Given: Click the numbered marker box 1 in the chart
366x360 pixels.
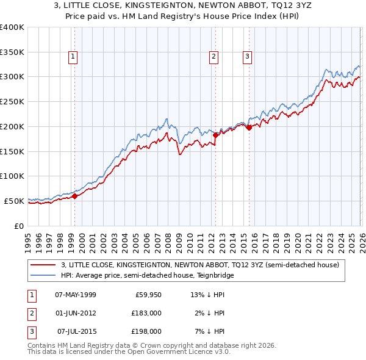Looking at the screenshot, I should (73, 57).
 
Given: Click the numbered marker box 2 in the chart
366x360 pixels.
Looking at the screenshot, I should (214, 57).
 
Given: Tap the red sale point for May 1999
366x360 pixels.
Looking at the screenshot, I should (74, 196).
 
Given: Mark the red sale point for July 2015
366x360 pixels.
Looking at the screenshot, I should (248, 128).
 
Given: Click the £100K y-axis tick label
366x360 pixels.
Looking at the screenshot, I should (12, 176).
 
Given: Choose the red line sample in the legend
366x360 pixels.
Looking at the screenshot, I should (43, 265).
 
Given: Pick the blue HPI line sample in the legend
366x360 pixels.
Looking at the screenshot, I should (43, 276).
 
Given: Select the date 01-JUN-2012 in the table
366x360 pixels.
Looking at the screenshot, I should (75, 313).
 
